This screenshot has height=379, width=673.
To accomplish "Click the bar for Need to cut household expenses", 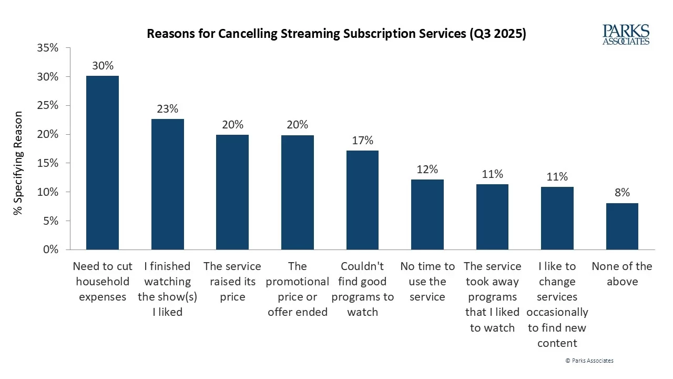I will (x=103, y=163).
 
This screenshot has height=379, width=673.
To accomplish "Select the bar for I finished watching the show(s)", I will (x=168, y=184).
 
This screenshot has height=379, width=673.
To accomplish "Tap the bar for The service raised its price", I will (x=232, y=192).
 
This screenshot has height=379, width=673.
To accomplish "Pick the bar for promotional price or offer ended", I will (x=298, y=193).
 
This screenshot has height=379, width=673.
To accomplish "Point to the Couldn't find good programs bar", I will (x=362, y=200).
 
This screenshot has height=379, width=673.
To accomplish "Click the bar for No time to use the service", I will (x=427, y=215).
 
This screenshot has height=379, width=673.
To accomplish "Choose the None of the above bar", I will (x=622, y=226).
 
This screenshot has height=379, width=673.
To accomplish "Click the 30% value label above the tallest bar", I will (x=103, y=66).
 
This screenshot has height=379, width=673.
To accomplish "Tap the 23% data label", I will (x=168, y=109).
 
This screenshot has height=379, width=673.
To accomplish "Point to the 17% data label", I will (x=362, y=141).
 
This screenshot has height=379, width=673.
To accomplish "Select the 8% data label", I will (x=622, y=193).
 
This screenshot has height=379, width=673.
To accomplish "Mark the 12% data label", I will (x=427, y=169).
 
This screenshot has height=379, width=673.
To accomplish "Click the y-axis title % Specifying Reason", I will (x=19, y=163).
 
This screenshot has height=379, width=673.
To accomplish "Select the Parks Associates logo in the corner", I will (x=626, y=35).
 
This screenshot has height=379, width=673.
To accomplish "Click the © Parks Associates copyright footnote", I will (x=589, y=361).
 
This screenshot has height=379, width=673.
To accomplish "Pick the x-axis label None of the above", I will (x=622, y=274).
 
